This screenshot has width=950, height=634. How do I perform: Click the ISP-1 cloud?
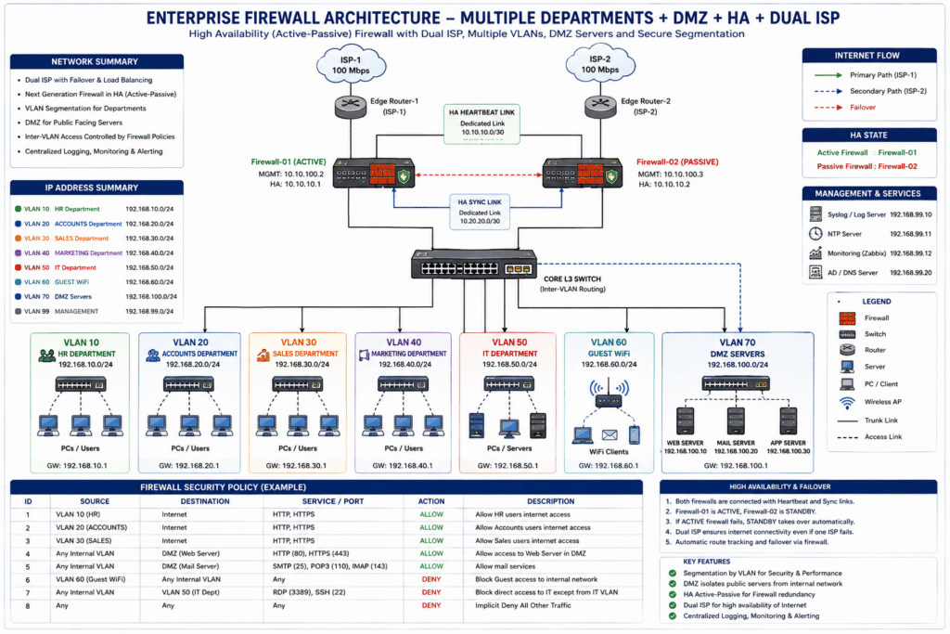[351, 64]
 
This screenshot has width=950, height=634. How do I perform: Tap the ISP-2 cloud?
[600, 64]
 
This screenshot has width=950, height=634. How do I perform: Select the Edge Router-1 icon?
[350, 106]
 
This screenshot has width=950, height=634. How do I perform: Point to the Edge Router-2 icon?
[600, 106]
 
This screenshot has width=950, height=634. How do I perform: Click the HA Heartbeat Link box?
[481, 123]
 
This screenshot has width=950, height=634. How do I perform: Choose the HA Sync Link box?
[480, 212]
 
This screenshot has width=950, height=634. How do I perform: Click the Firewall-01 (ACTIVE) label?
[289, 162]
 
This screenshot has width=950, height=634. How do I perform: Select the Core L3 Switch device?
[474, 265]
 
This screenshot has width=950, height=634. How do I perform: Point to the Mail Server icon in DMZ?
[736, 421]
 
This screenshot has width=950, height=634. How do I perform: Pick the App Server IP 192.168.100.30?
[789, 451]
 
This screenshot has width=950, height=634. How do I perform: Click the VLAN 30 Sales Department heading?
[298, 348]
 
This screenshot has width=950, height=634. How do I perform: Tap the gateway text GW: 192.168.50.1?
[507, 465]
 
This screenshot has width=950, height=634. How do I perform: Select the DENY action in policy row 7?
[431, 592]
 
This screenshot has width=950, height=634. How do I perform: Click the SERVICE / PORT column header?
[333, 501]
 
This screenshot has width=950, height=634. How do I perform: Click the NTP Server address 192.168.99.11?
[911, 233]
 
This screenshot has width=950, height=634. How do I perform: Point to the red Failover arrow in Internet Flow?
[828, 108]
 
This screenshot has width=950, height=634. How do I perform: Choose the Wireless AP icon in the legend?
[847, 403]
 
